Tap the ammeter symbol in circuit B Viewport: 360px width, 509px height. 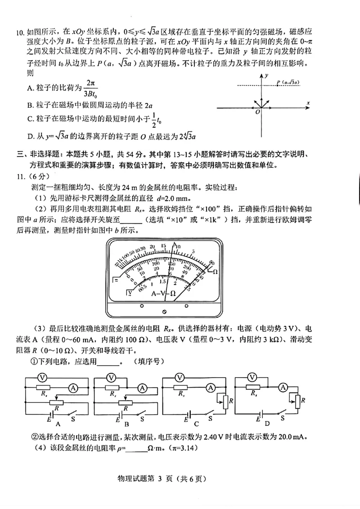point(142,387)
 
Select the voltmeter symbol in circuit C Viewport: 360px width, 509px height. point(180,377)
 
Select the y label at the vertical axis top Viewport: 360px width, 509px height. point(267,75)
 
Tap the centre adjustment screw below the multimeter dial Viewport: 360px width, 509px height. point(164,311)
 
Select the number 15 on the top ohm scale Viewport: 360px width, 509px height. point(163,246)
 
